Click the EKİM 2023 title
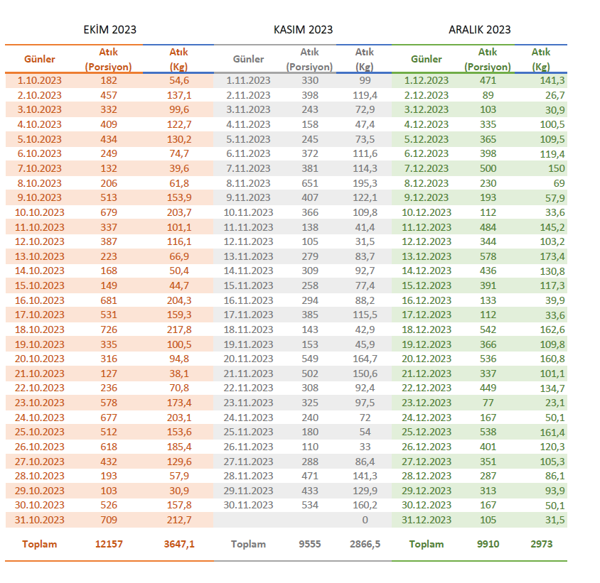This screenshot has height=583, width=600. click(x=109, y=30)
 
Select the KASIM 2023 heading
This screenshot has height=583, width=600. click(x=303, y=30)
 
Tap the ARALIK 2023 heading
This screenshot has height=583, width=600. click(x=479, y=30)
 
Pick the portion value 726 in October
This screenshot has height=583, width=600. click(x=109, y=329)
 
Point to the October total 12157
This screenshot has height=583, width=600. click(x=109, y=544)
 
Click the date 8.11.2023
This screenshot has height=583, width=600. click(x=248, y=183)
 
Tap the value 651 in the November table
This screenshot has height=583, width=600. click(x=310, y=183)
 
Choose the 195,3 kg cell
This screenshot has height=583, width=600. click(x=364, y=183)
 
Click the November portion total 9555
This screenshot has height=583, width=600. click(x=310, y=544)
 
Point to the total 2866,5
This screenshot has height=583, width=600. click(x=364, y=544)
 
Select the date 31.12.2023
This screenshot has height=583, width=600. click(x=427, y=520)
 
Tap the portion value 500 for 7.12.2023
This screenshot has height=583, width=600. click(x=488, y=168)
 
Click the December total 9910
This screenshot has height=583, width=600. click(x=488, y=544)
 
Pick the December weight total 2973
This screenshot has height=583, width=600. click(x=540, y=544)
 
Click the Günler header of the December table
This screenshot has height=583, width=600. click(x=427, y=59)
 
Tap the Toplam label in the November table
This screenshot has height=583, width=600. click(x=248, y=544)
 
